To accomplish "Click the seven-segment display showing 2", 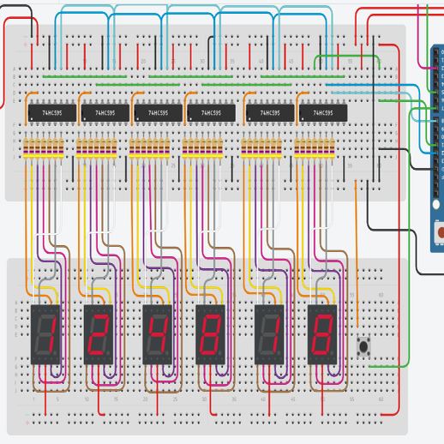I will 99,333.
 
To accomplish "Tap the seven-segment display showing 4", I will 158,333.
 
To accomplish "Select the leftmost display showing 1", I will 45,333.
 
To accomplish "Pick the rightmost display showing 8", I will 322,333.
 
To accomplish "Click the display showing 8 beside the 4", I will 211,333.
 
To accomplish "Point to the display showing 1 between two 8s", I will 269,333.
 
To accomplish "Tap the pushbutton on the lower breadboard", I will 364,346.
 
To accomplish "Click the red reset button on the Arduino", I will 440,231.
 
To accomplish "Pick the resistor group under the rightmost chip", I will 315,149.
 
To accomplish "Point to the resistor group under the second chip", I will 96,149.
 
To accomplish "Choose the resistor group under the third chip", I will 150,149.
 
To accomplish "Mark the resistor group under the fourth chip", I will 203,149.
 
